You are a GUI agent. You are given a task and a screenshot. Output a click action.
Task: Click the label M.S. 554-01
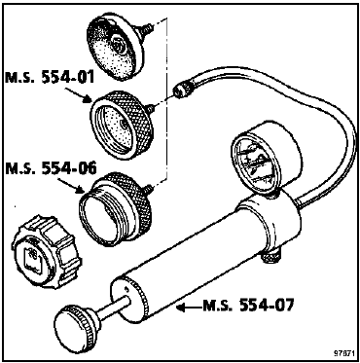click(50, 77)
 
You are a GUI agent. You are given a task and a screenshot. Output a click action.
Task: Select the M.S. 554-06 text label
click(51, 169)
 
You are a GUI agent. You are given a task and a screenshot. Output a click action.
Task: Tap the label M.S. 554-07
click(248, 306)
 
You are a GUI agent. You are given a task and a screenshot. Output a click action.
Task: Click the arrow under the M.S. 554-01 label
click(77, 94)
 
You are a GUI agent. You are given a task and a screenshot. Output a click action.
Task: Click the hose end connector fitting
click(182, 90)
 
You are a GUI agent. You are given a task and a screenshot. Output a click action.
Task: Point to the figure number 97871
click(343, 353)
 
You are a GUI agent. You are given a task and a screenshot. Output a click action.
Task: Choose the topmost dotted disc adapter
click(116, 47)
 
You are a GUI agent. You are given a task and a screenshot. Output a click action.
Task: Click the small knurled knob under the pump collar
click(271, 257)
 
